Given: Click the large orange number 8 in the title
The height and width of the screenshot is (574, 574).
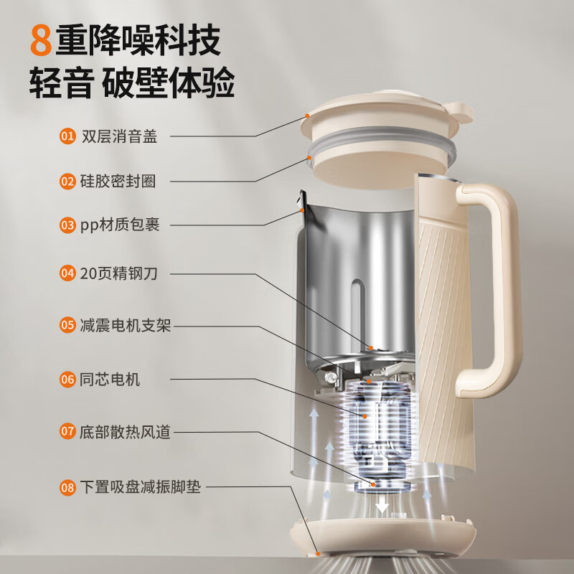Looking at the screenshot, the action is [41, 40].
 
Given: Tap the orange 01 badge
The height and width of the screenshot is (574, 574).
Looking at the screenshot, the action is [67, 136].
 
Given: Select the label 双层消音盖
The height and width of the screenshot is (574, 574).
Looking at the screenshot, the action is [119, 136].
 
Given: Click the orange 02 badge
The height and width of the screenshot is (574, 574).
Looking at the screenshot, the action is [67, 182].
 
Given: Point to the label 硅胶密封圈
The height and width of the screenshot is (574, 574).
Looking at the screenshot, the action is [118, 182].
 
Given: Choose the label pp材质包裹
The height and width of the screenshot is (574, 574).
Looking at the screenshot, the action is [120, 225].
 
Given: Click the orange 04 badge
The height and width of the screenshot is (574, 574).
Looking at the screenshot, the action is [67, 273].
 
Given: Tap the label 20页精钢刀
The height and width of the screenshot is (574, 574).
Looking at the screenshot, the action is [118, 273].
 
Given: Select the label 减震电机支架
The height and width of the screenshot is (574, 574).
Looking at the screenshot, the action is [125, 325].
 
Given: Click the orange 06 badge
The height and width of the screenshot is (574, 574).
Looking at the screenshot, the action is [67, 379].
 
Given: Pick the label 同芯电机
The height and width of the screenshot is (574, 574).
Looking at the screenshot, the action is [110, 379].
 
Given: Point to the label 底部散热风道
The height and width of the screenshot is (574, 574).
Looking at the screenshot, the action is [125, 432].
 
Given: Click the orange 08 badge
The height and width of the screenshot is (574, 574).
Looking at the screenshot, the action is [67, 487].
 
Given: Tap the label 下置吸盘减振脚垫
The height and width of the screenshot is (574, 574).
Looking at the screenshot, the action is [141, 487].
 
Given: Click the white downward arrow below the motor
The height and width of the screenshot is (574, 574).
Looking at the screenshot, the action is [382, 504].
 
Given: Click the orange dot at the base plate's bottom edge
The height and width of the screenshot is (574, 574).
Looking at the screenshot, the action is [318, 553].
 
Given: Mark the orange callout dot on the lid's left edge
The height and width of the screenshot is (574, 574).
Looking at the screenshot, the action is [308, 116].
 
